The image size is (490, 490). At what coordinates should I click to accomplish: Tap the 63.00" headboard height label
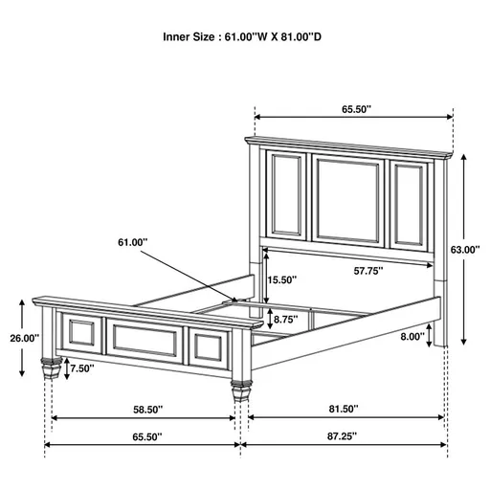(x=466, y=249)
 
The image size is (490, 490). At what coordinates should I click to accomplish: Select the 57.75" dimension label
(x=367, y=272)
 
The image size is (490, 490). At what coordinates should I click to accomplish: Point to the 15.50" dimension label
(x=282, y=280)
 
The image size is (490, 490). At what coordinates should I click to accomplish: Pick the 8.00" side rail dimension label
(x=412, y=336)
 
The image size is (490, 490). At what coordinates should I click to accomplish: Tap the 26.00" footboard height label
(x=24, y=338)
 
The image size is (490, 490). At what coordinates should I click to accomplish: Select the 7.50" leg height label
(x=83, y=368)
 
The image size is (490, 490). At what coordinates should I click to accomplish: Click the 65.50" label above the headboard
(x=354, y=110)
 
